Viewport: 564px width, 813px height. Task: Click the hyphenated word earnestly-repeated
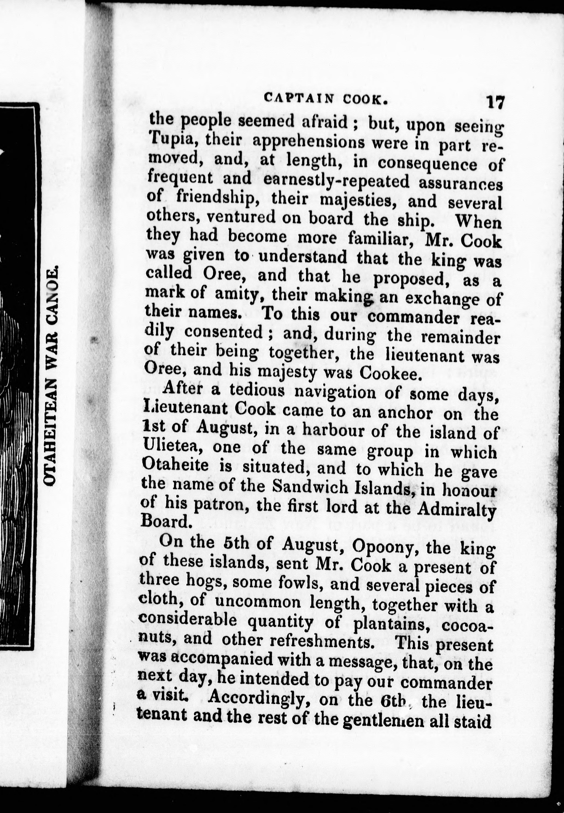(336, 182)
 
